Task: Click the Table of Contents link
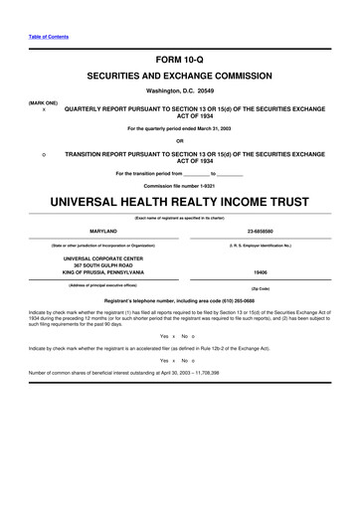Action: coord(41,36)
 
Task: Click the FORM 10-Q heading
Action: coord(179,57)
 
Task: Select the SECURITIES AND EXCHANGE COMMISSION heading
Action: coord(179,76)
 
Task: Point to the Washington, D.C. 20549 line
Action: coord(179,91)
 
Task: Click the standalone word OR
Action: coord(179,140)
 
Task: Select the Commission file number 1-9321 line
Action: coord(179,186)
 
